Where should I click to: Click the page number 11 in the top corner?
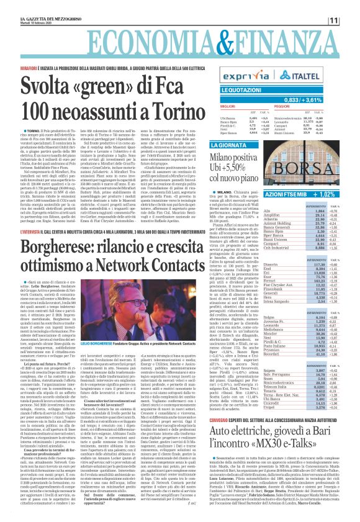click(x=351, y=20)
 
